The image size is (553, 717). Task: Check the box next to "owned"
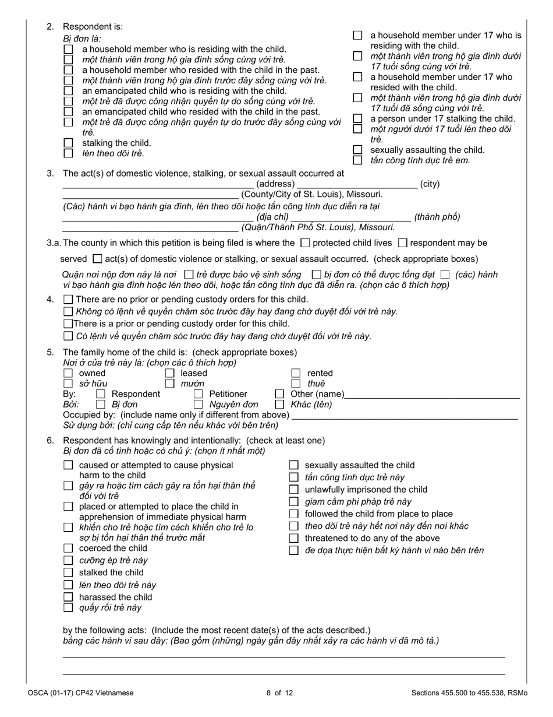pos(68,373)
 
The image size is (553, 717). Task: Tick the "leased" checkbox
pos(170,373)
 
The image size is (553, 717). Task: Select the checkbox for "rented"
pos(296,373)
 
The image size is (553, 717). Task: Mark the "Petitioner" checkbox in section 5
pos(198,394)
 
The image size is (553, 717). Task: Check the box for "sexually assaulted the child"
pos(294,465)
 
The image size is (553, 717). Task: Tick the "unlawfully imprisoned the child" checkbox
pos(294,490)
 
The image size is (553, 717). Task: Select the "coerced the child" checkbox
pos(68,549)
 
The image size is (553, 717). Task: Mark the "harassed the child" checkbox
pos(68,597)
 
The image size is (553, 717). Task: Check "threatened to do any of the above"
pos(294,539)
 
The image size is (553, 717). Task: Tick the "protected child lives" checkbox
pos(305,243)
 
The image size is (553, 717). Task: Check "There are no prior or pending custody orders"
pos(68,300)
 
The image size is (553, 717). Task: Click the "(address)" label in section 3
pos(275,184)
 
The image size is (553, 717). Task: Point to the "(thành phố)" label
pos(437,217)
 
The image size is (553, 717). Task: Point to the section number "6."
pos(50,440)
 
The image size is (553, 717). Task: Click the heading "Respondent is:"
pos(93,27)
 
